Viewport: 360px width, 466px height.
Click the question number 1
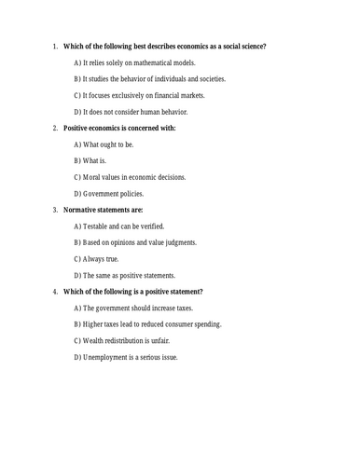point(55,47)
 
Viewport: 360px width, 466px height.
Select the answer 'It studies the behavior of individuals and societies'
point(149,78)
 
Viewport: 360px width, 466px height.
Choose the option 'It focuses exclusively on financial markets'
point(139,95)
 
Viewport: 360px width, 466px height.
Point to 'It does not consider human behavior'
point(132,111)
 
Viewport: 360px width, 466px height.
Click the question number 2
point(55,128)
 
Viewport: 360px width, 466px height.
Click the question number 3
point(55,210)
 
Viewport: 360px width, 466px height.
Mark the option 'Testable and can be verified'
point(124,226)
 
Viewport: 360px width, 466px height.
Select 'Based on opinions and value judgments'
point(135,242)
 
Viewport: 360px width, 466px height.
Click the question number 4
point(55,291)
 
